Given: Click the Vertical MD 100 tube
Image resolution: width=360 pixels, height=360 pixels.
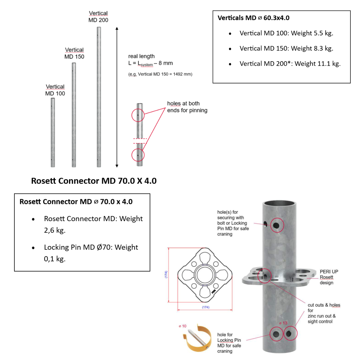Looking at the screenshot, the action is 53,132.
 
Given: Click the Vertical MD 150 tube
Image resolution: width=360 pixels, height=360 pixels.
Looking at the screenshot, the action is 74,115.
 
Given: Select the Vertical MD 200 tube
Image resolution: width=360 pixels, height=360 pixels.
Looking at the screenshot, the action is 99,97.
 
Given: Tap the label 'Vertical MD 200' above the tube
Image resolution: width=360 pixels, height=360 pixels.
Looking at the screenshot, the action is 98,16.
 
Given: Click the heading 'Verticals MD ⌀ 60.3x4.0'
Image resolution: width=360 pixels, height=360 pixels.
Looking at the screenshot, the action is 253,18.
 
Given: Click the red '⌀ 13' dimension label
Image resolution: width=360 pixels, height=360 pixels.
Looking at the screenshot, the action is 283,323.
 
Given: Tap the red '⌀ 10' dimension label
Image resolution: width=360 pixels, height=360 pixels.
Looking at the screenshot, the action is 182,326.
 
